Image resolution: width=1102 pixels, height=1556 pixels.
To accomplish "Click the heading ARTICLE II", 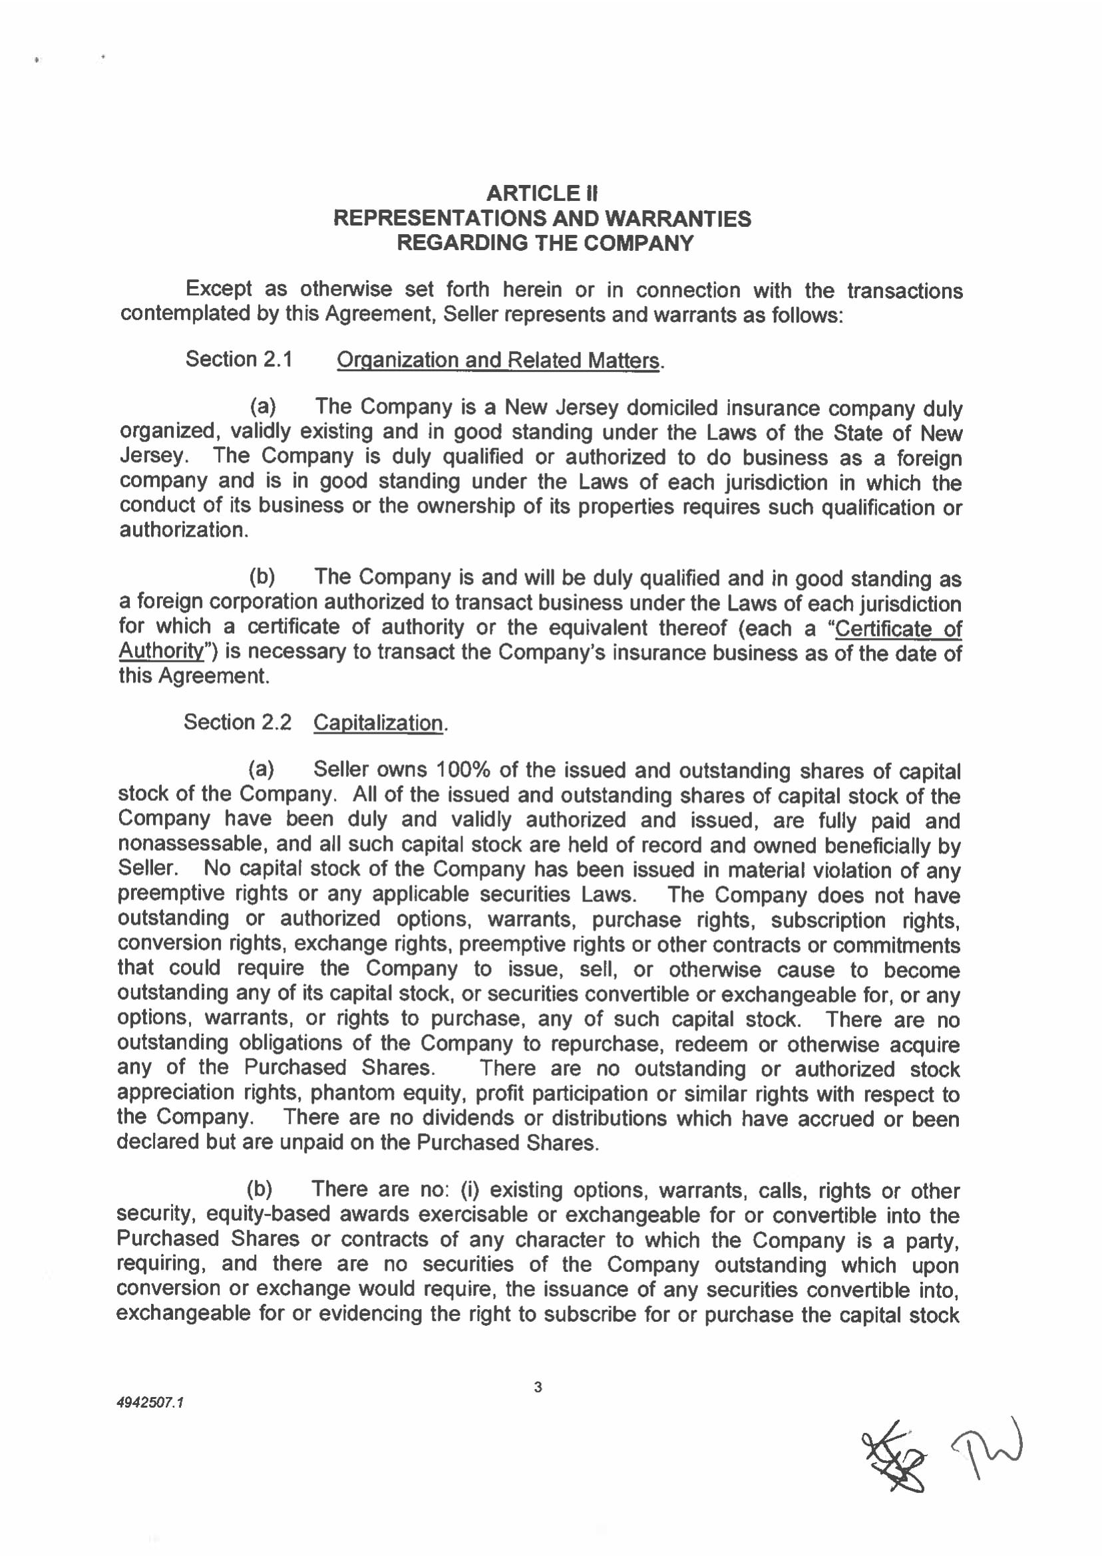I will tap(542, 194).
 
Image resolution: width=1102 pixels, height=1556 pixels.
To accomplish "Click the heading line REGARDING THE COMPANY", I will tap(545, 243).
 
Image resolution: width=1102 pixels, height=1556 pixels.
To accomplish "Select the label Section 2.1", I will tap(239, 359).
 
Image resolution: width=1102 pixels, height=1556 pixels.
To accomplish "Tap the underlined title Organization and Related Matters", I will tap(498, 360).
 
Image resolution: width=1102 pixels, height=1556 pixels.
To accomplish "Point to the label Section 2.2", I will tap(238, 722).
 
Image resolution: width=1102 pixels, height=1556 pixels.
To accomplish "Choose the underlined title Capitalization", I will tap(378, 723).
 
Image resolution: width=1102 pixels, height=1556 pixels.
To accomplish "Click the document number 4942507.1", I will tap(150, 1402).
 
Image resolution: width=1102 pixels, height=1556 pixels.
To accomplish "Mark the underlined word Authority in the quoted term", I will tap(162, 651).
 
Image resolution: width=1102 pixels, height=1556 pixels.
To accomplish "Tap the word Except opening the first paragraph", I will tap(218, 289).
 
